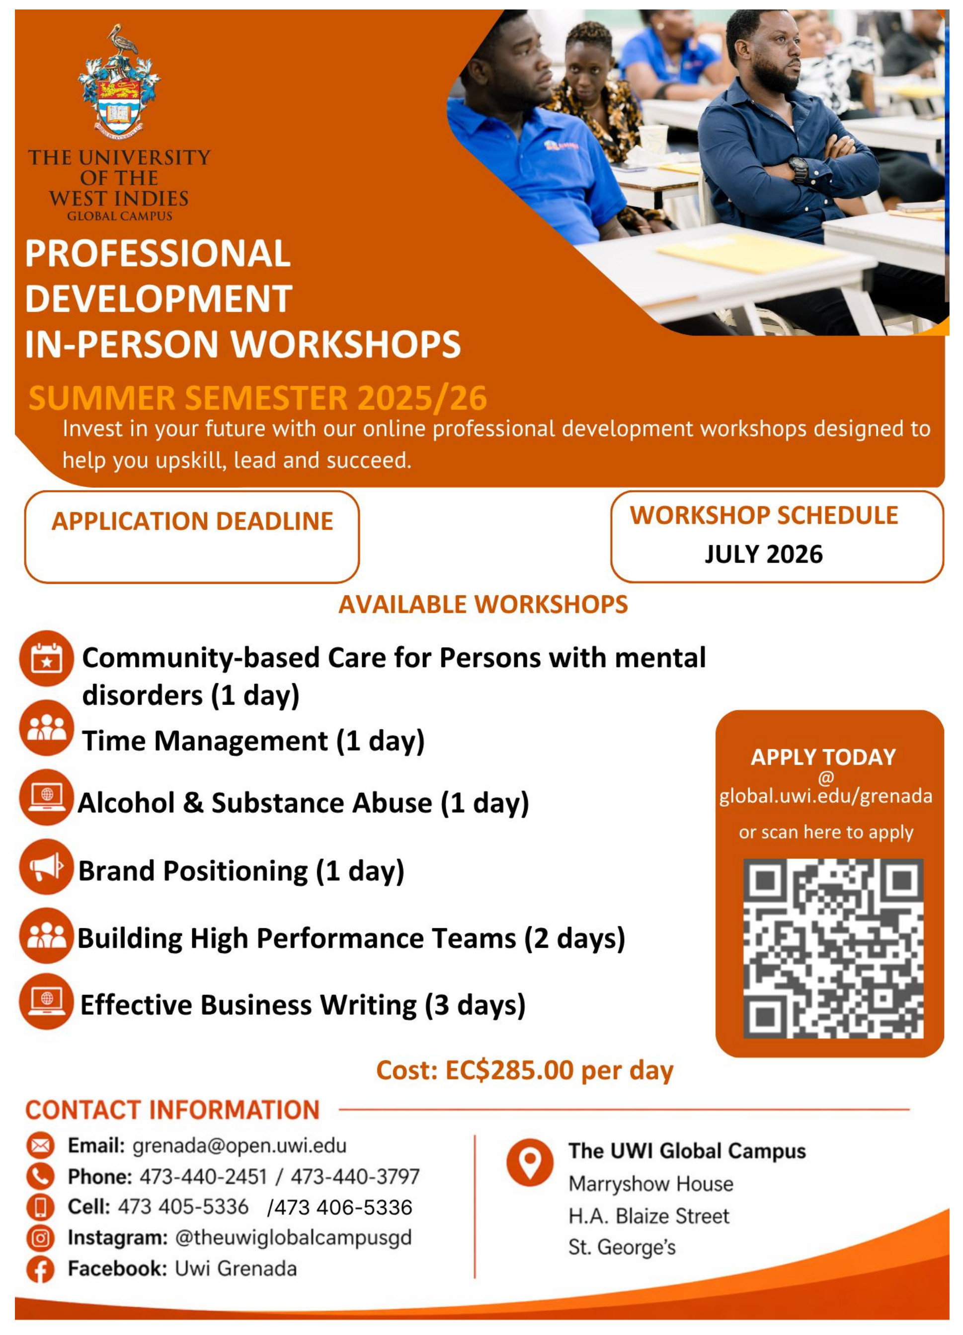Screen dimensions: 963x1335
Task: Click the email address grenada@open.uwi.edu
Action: point(239,1145)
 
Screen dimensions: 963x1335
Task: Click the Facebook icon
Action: point(40,1269)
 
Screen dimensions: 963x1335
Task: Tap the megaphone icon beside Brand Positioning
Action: point(47,867)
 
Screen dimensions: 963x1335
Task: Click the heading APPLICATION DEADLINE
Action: point(193,521)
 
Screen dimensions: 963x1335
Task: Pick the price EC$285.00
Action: point(509,1069)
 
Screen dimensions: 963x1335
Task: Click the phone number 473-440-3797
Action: point(355,1176)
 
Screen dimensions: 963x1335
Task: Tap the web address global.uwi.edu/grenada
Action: point(826,796)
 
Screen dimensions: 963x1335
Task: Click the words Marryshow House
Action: point(651,1184)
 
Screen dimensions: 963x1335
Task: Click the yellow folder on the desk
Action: point(751,252)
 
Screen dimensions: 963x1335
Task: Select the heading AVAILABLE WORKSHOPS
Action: point(483,605)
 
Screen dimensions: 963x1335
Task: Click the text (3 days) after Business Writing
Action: point(476,1005)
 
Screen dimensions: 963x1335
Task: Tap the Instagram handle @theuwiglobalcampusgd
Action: point(293,1237)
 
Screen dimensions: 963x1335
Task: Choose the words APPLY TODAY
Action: point(823,757)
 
